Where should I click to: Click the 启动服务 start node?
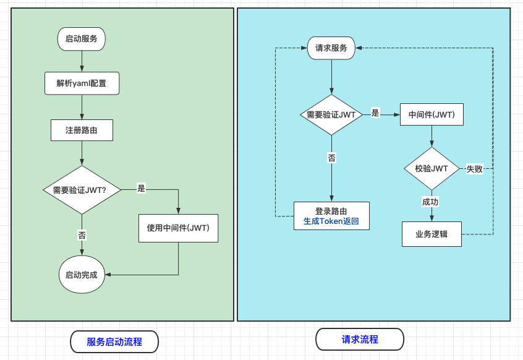(x=82, y=38)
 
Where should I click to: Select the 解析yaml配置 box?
(x=82, y=84)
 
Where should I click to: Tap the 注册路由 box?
(x=82, y=131)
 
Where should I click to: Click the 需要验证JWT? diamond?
(x=82, y=190)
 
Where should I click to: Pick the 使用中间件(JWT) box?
(x=179, y=228)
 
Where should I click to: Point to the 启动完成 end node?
(x=82, y=274)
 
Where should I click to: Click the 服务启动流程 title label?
(x=114, y=341)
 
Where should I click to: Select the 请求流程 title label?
(x=360, y=340)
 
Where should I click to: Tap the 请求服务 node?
(x=331, y=48)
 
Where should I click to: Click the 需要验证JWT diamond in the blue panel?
(x=331, y=114)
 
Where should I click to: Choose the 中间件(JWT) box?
(x=432, y=114)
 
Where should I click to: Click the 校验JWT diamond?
(x=432, y=168)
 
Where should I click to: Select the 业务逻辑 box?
(x=432, y=234)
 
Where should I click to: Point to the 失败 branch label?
(x=474, y=169)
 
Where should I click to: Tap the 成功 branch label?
(x=430, y=202)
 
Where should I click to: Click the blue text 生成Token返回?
(x=331, y=221)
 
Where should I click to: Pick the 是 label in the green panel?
(x=141, y=189)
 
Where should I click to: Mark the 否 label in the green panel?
(x=82, y=235)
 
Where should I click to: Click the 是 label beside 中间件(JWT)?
(x=375, y=113)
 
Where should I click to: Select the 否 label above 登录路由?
(x=331, y=158)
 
